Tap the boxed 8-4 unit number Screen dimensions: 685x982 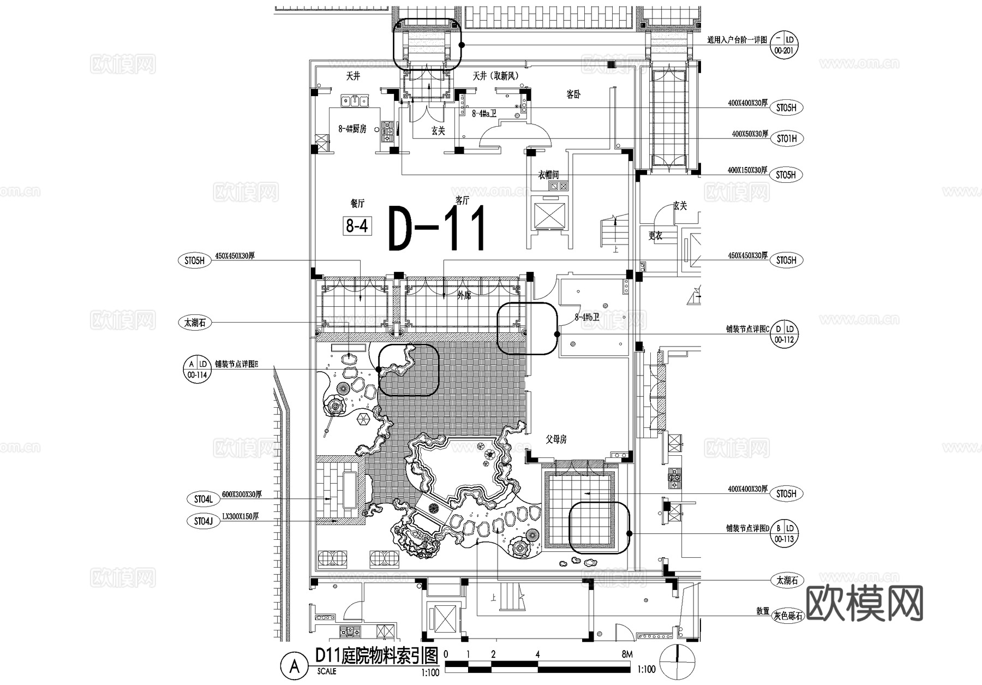click(x=357, y=225)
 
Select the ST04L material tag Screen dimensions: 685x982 click(x=203, y=498)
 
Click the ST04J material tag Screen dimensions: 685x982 click(x=203, y=521)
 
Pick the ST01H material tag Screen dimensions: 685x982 click(x=786, y=139)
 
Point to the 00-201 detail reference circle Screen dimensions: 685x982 click(x=784, y=45)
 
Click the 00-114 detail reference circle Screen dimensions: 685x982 click(x=197, y=369)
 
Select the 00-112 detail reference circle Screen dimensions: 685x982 click(x=784, y=333)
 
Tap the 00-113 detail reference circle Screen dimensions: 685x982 click(x=784, y=533)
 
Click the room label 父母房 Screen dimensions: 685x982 click(x=556, y=439)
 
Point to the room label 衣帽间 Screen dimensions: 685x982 click(x=548, y=175)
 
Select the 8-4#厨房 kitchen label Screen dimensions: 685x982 click(x=352, y=129)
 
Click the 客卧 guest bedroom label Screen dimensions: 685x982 click(x=573, y=94)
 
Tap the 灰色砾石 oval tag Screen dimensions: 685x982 click(x=788, y=616)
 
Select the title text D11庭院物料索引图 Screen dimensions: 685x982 click(x=376, y=655)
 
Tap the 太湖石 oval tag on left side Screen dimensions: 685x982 click(x=194, y=323)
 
